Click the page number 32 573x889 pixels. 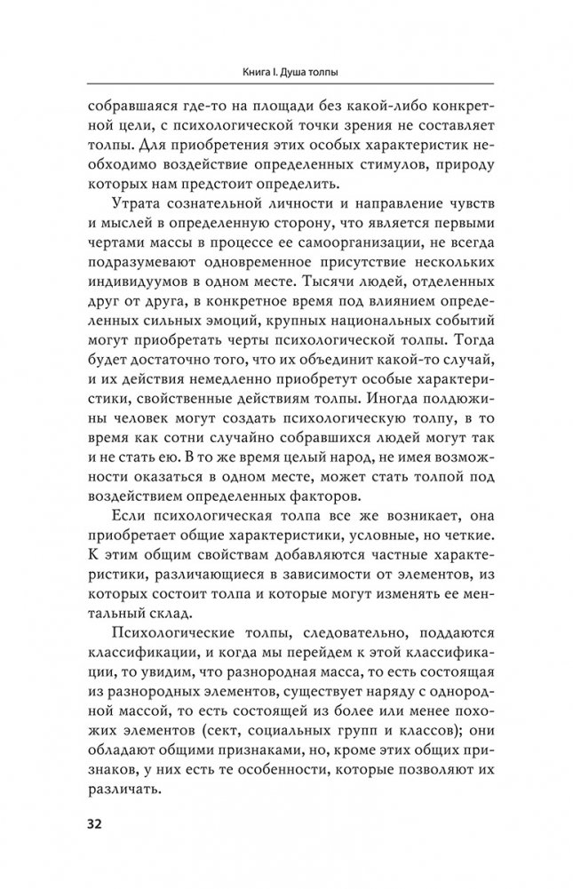click(x=95, y=821)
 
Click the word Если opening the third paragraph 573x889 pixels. click(x=128, y=527)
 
